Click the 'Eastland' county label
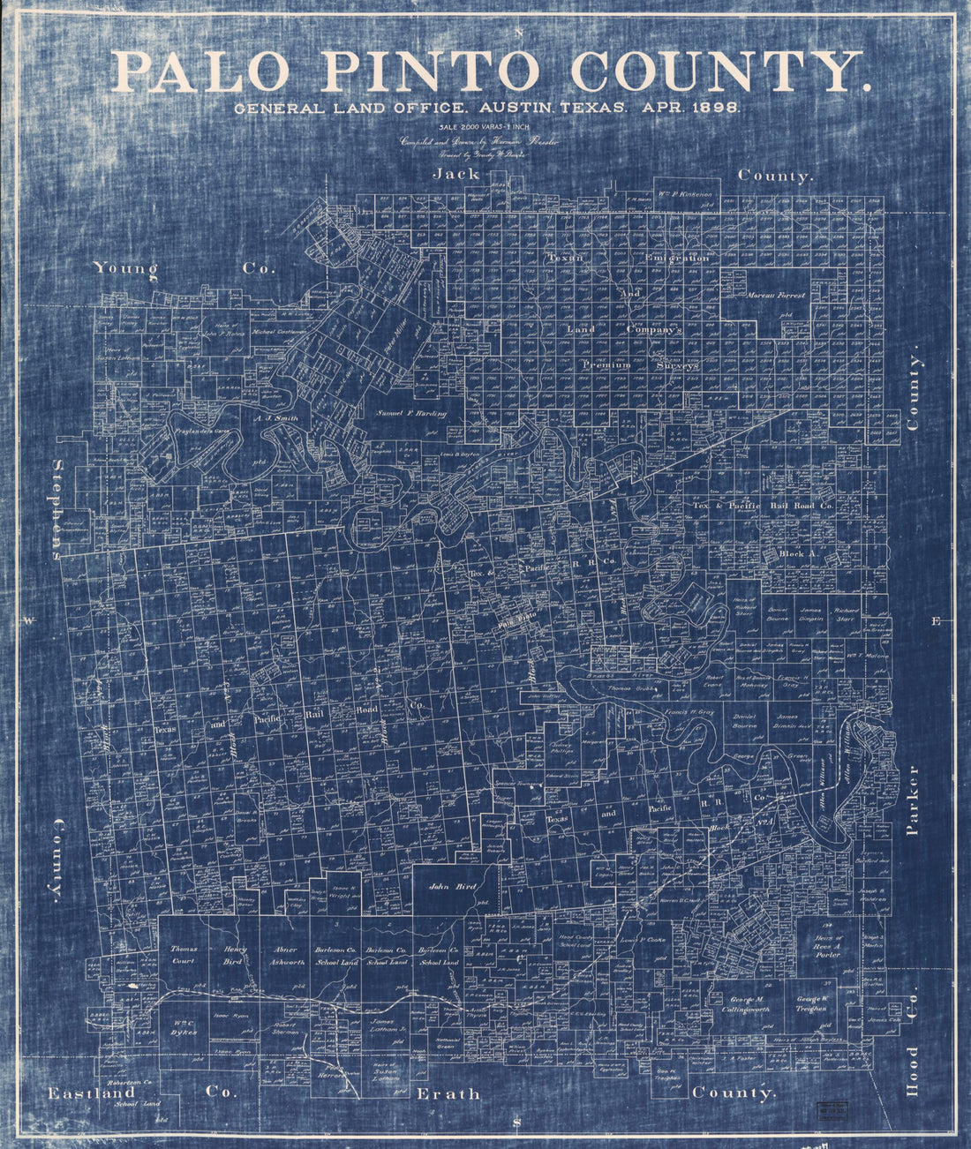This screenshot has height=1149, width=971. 92,1093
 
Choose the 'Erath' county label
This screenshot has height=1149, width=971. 448,1093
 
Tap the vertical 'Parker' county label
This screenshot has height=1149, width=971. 913,800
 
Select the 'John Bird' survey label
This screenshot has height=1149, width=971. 452,885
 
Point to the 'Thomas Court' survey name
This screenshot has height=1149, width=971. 183,955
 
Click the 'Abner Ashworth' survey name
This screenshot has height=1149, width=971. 287,955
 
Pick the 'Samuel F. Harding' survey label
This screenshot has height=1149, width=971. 412,413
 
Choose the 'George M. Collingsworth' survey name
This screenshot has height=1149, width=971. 747,1003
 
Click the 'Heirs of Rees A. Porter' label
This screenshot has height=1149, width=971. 827,944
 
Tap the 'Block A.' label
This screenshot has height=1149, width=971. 797,553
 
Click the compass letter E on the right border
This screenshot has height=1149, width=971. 936,621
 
